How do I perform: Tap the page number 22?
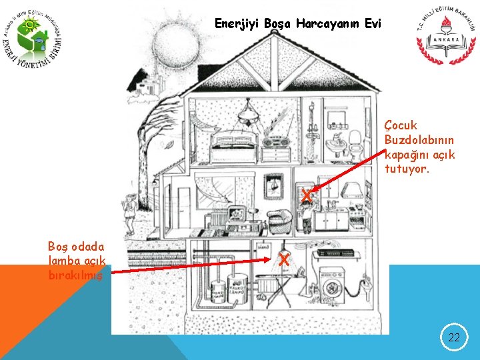pos(454,337)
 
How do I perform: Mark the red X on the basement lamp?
pos(284,259)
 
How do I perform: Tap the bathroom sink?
pos(335,142)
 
